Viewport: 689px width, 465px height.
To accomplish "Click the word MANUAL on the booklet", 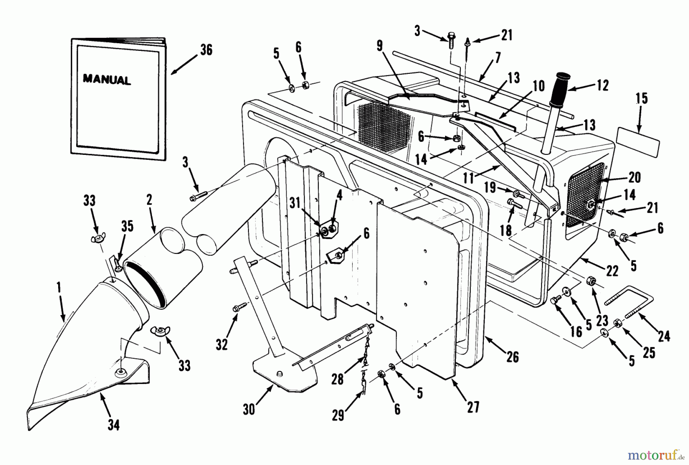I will [107, 80].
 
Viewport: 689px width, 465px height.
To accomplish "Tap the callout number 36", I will [206, 50].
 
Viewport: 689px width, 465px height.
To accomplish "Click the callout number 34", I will [113, 425].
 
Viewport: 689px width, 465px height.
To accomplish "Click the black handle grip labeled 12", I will [560, 86].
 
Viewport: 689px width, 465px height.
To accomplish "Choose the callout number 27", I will [473, 407].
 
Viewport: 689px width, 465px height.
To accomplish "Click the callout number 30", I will [249, 410].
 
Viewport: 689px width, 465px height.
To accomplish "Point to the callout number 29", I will [338, 415].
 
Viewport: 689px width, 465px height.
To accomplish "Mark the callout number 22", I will [612, 271].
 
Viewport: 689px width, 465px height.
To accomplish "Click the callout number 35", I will [127, 226].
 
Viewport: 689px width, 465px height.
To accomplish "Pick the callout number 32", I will [222, 344].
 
